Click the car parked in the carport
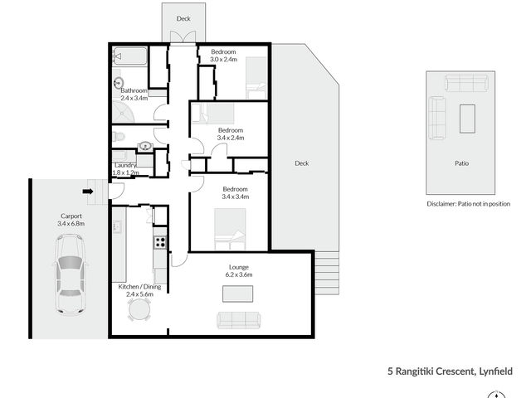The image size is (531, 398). click(x=71, y=274)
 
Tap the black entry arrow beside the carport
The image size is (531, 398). click(x=88, y=192)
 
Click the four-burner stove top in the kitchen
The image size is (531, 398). click(x=160, y=242)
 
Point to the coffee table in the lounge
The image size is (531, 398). click(x=237, y=294)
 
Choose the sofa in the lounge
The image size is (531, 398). click(x=239, y=320)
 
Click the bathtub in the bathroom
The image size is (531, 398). click(x=130, y=56)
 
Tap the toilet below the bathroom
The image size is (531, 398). click(x=118, y=137)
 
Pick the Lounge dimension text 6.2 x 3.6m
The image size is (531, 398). click(x=239, y=274)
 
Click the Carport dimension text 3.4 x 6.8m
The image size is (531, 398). click(x=71, y=223)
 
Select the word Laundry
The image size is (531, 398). click(x=125, y=165)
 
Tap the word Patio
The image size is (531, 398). click(x=461, y=163)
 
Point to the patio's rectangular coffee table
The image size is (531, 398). click(x=467, y=119)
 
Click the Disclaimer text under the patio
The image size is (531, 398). click(x=468, y=204)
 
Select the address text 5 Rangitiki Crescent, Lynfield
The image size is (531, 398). click(x=450, y=371)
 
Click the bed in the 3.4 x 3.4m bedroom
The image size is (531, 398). click(x=230, y=229)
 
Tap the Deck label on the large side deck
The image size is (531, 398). click(x=302, y=163)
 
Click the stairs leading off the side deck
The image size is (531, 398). click(x=327, y=273)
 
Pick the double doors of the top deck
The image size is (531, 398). click(x=183, y=36)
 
